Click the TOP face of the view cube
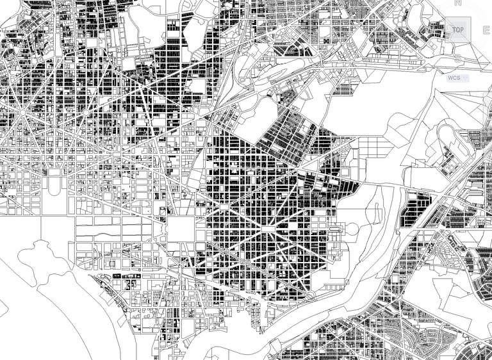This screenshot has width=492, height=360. [457, 29]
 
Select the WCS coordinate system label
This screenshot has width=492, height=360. [454, 78]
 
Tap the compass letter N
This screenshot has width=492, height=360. [457, 3]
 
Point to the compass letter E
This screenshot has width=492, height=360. [486, 29]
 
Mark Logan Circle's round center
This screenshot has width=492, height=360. [85, 112]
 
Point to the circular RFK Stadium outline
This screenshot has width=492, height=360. [352, 229]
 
